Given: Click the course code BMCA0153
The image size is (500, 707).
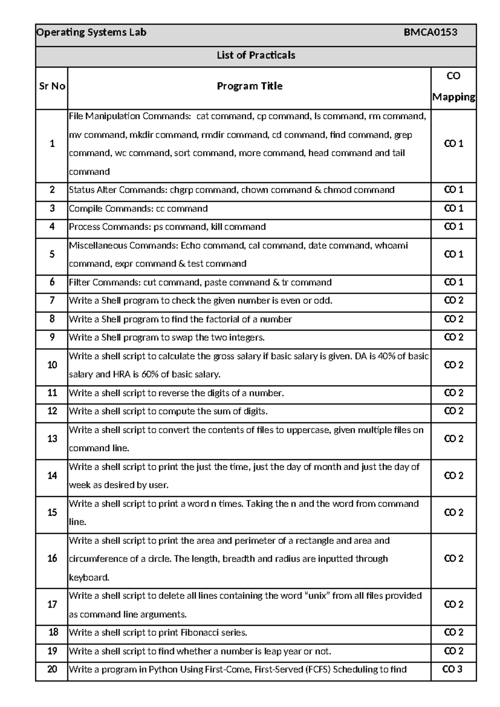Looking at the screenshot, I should point(430,33).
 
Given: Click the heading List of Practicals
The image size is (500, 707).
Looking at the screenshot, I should point(256,55).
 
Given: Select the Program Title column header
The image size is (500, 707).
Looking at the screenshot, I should point(250,86).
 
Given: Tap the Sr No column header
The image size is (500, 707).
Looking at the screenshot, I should point(52,86).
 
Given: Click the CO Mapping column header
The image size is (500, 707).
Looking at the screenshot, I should point(453,87).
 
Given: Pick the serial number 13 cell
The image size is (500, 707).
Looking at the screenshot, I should point(52,439).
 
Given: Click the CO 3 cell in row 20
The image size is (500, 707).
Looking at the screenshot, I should point(452,669).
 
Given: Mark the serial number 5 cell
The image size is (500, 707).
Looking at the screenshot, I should point(52,254).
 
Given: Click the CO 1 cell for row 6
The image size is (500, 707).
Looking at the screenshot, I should point(453,282).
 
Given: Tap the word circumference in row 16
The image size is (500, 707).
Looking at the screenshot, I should point(98,559).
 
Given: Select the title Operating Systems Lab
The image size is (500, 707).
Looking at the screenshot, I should point(91,33).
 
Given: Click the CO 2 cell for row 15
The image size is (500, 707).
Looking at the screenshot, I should point(453,513).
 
